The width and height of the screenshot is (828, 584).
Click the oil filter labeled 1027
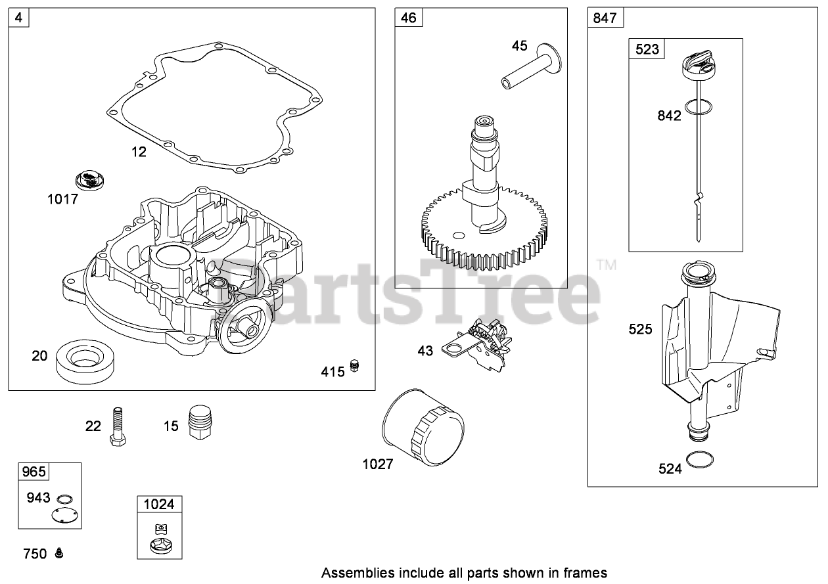(424, 430)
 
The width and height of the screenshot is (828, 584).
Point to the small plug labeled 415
(356, 367)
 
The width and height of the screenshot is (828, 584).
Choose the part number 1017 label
(62, 198)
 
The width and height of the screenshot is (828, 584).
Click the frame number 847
(605, 18)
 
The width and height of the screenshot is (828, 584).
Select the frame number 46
(408, 18)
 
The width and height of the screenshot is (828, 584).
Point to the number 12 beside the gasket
(139, 152)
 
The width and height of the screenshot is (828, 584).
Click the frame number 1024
(159, 505)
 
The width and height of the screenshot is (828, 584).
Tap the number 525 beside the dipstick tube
(640, 328)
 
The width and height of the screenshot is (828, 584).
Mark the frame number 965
(34, 471)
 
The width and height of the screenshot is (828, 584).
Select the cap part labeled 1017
(90, 179)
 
